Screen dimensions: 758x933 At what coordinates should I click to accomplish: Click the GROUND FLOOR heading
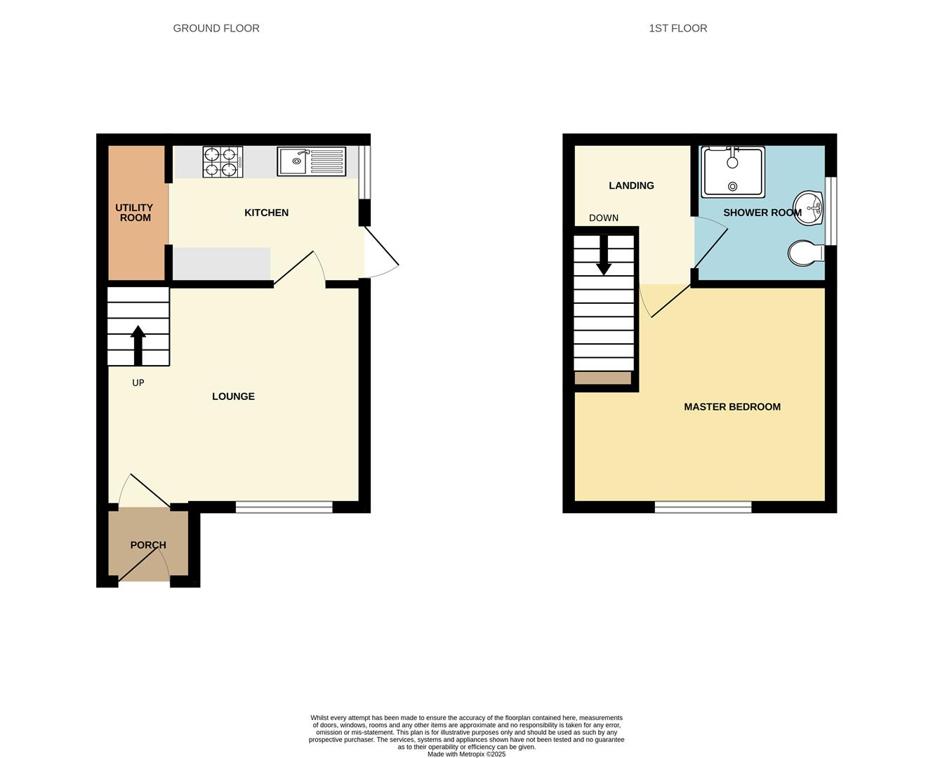click(216, 29)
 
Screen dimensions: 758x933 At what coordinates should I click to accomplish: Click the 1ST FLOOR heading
click(677, 29)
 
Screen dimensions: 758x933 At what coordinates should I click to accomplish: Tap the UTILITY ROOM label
click(135, 213)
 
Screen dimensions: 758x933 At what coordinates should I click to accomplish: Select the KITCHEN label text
click(266, 213)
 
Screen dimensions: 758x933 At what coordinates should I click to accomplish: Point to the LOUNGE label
click(233, 397)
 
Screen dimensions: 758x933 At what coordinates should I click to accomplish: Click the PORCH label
click(148, 545)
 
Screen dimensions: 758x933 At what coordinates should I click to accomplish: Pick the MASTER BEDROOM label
click(732, 407)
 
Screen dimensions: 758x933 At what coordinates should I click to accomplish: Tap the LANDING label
click(631, 186)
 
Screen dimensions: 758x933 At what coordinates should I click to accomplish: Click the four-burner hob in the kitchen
click(223, 161)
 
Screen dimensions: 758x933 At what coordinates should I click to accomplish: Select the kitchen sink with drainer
click(312, 161)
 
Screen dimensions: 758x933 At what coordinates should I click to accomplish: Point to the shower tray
click(732, 172)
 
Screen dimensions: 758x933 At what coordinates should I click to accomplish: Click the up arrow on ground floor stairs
click(138, 345)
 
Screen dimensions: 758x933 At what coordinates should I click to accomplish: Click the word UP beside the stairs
click(138, 383)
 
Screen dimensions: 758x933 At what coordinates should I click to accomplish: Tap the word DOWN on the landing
click(604, 218)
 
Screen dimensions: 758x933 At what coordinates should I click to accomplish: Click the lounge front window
click(284, 507)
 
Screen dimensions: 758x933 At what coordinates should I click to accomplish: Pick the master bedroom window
click(703, 507)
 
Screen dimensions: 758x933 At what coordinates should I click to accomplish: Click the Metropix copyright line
click(466, 754)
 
